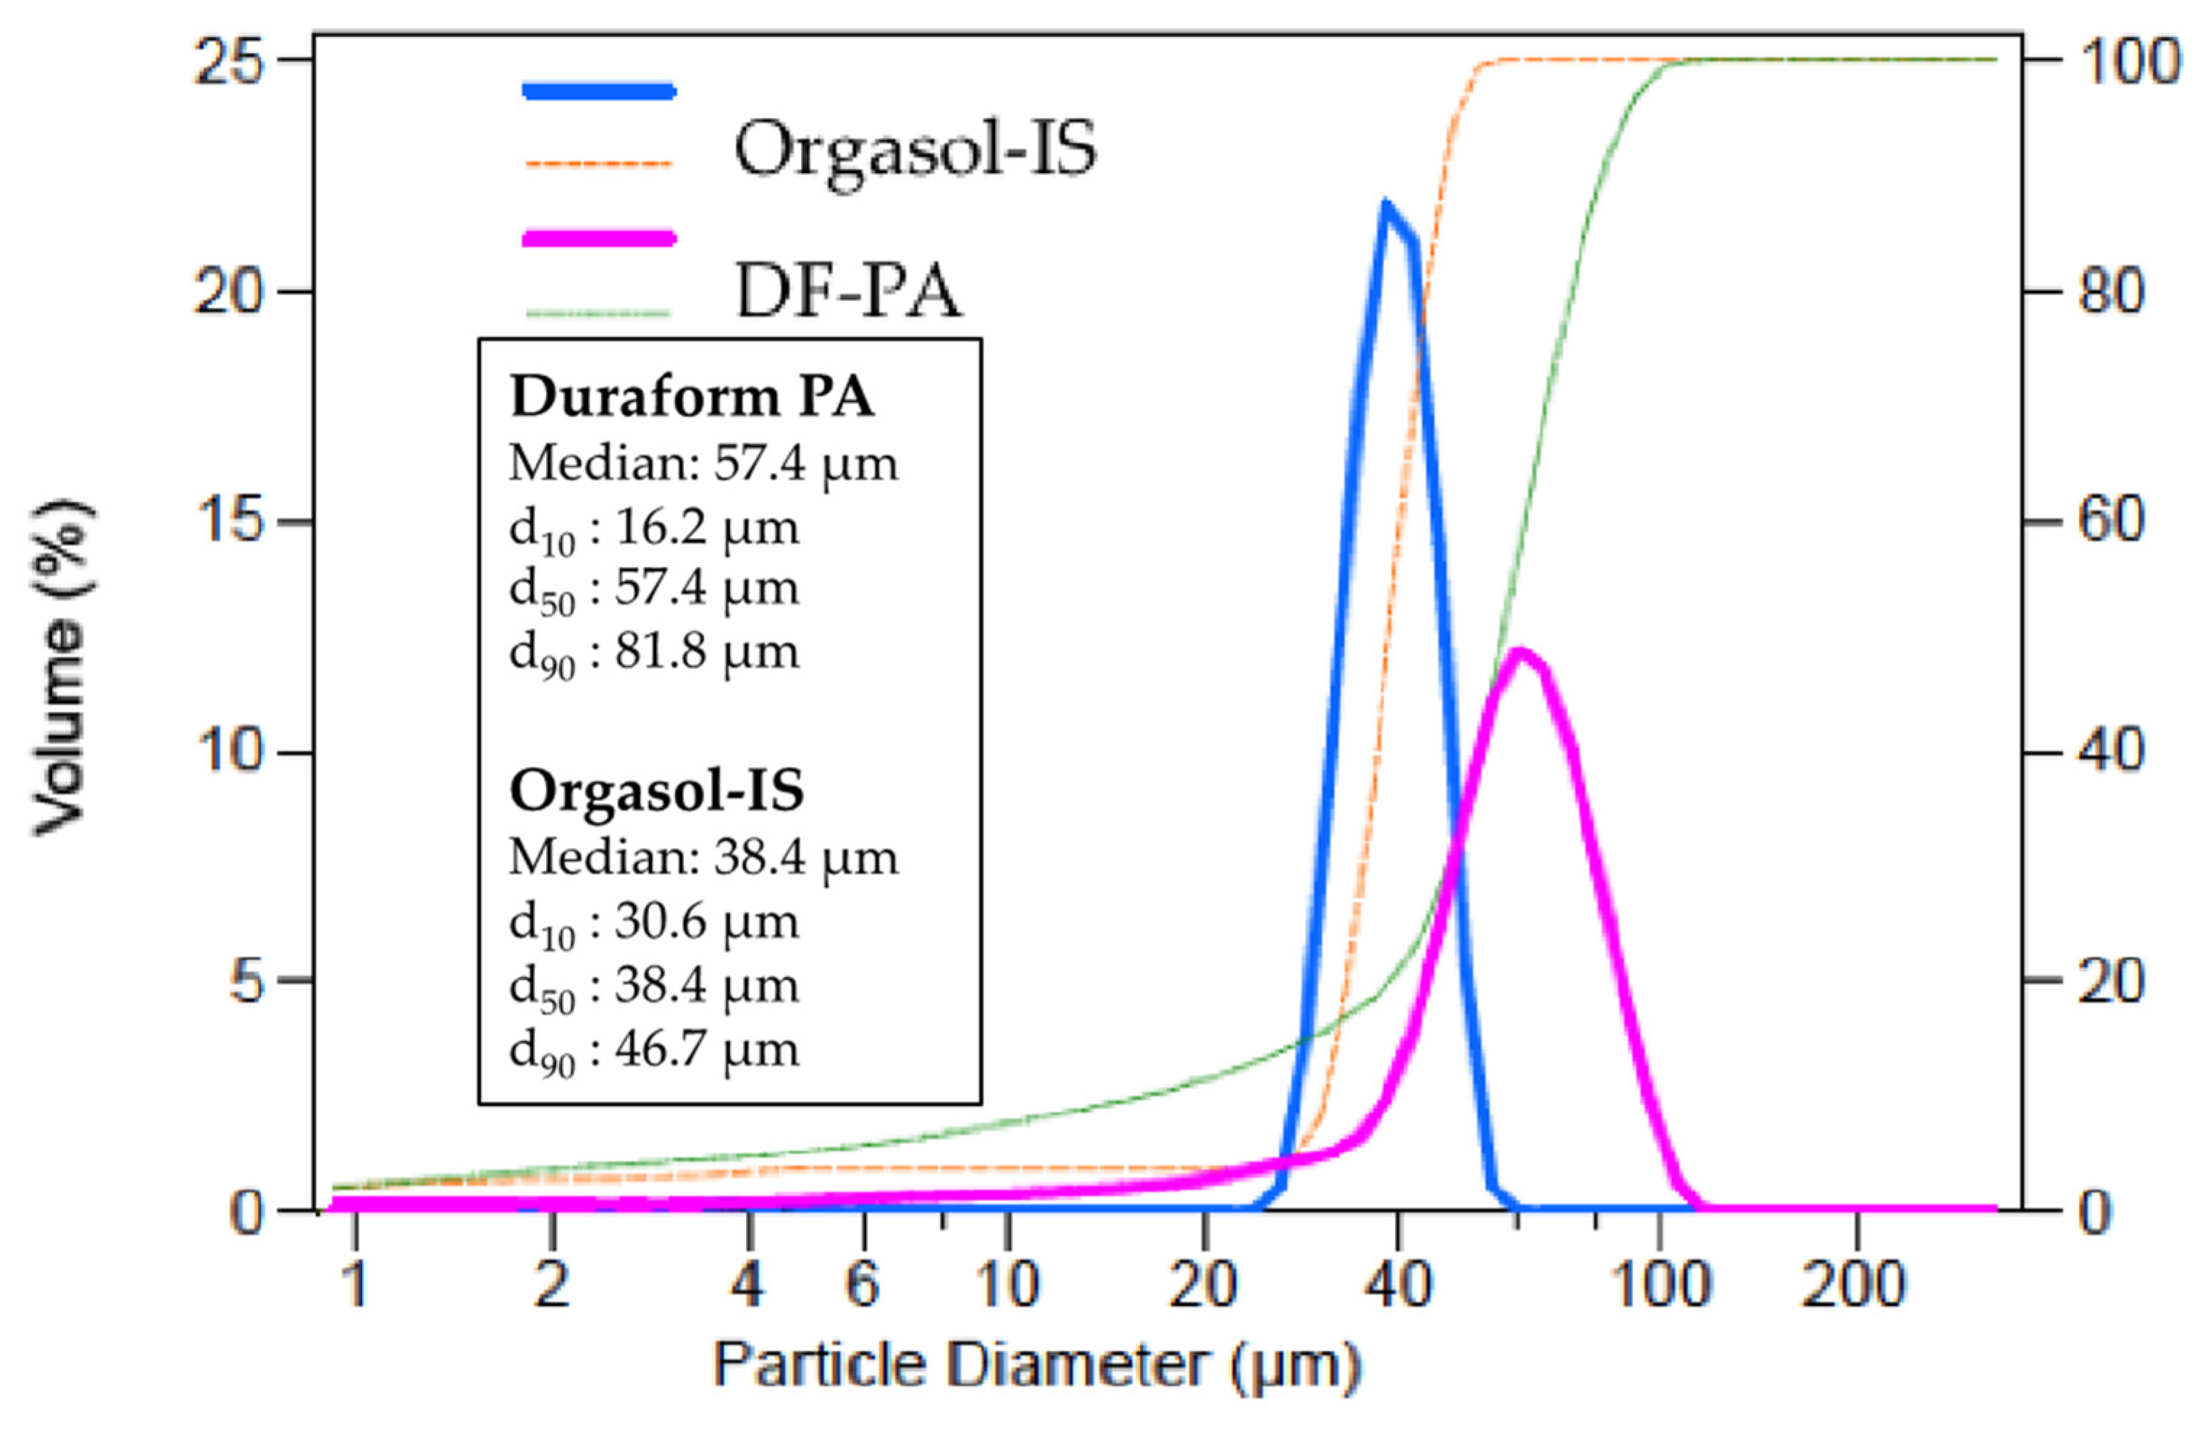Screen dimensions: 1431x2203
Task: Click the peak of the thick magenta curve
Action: pyautogui.click(x=1519, y=652)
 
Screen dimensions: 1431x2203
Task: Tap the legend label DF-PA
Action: pyautogui.click(x=848, y=293)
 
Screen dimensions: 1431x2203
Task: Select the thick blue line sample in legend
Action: pyautogui.click(x=599, y=91)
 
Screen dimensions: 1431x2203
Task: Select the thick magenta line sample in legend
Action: pyautogui.click(x=599, y=238)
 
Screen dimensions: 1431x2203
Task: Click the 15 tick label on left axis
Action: pyautogui.click(x=229, y=521)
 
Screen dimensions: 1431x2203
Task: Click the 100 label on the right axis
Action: pyautogui.click(x=2130, y=63)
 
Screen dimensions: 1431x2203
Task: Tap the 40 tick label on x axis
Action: pyautogui.click(x=1398, y=1285)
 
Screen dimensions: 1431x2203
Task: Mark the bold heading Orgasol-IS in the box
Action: pyautogui.click(x=656, y=792)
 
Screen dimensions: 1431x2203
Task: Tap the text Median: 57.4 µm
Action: pyautogui.click(x=703, y=463)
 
